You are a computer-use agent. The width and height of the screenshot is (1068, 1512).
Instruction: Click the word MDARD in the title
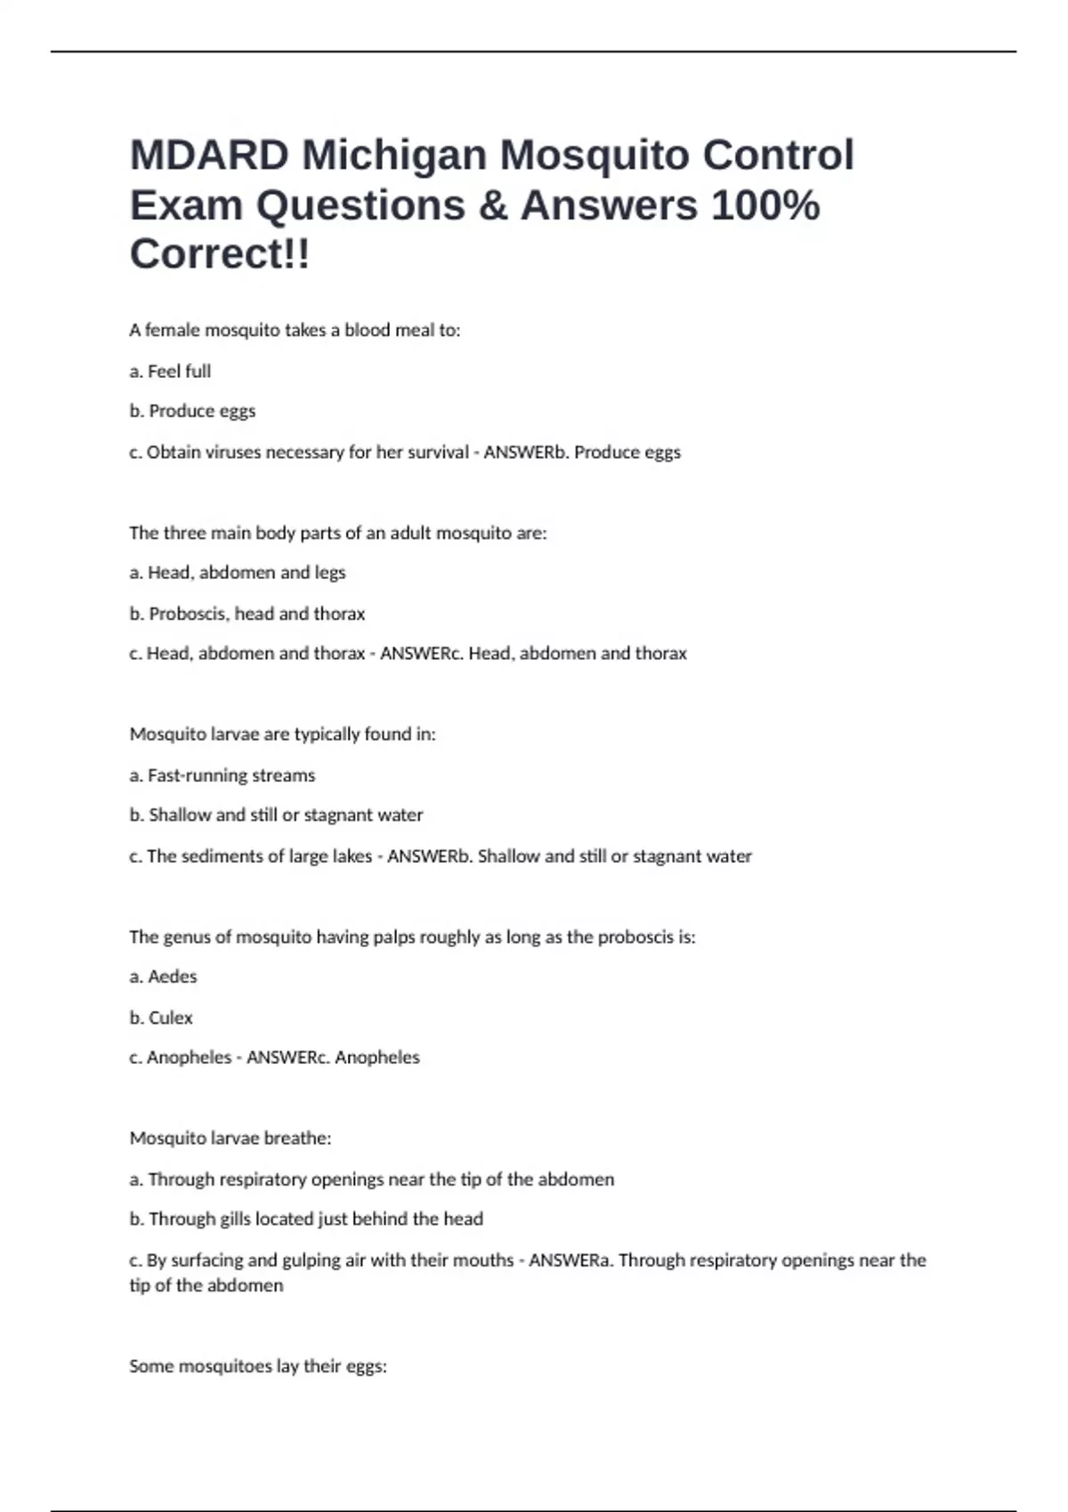pyautogui.click(x=209, y=156)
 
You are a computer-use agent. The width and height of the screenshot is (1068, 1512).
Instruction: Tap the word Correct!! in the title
pyautogui.click(x=220, y=254)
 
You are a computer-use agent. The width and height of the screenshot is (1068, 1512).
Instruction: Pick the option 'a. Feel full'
pyautogui.click(x=170, y=371)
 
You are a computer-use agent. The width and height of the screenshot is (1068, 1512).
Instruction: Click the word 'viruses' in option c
pyautogui.click(x=234, y=452)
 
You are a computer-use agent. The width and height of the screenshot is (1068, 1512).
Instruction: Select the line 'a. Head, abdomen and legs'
pyautogui.click(x=238, y=573)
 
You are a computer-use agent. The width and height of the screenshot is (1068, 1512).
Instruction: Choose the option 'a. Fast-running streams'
pyautogui.click(x=222, y=776)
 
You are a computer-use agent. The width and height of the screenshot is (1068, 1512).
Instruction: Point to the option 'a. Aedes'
pyautogui.click(x=164, y=977)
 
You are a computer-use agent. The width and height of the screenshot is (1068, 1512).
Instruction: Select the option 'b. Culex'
pyautogui.click(x=161, y=1017)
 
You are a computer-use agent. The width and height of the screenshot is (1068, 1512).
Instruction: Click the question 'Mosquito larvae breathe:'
pyautogui.click(x=231, y=1138)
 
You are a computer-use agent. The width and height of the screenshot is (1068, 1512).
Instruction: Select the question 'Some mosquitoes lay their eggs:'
pyautogui.click(x=258, y=1366)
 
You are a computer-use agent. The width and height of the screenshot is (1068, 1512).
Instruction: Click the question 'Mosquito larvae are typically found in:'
pyautogui.click(x=283, y=735)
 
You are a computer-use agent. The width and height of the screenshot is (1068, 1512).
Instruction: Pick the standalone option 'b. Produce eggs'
pyautogui.click(x=193, y=411)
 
